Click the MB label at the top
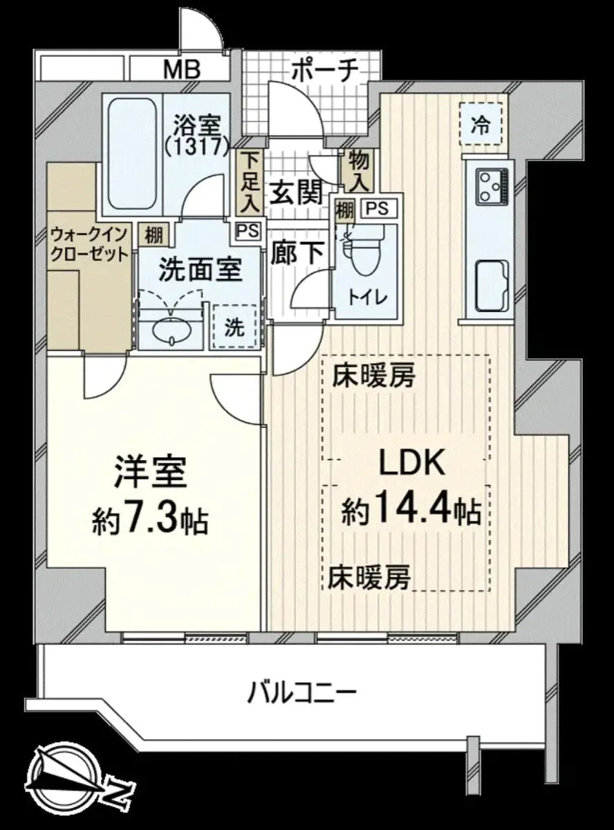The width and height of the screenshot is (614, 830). pyautogui.click(x=182, y=69)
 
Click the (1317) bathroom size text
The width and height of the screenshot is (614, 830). pyautogui.click(x=197, y=146)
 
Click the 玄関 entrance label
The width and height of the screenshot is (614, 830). pyautogui.click(x=297, y=193)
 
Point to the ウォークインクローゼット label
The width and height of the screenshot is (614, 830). pyautogui.click(x=89, y=244)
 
